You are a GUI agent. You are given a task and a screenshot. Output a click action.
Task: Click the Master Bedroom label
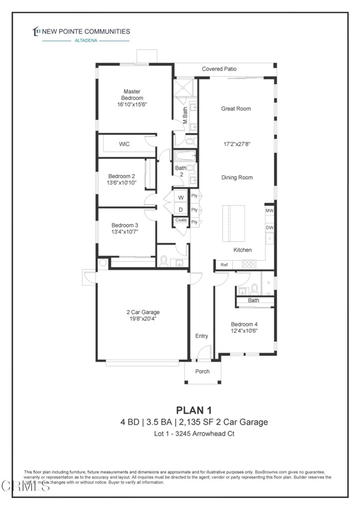pyautogui.click(x=132, y=95)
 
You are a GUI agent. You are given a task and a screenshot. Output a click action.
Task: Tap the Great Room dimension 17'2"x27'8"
pyautogui.click(x=237, y=144)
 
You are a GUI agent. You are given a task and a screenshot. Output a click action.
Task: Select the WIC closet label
pyautogui.click(x=124, y=144)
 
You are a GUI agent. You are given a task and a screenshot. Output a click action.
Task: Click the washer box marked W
pyautogui.click(x=181, y=198)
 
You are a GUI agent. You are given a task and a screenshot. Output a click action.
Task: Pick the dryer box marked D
pyautogui.click(x=181, y=210)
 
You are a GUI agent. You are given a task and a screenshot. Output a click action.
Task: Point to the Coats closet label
pyautogui.click(x=181, y=220)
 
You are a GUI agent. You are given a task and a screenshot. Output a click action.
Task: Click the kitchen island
pyautogui.click(x=233, y=224)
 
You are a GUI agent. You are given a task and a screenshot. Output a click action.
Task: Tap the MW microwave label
pyautogui.click(x=269, y=211)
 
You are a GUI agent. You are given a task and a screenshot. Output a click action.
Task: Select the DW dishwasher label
pyautogui.click(x=269, y=227)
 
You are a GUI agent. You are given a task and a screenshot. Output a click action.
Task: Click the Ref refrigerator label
pyautogui.click(x=224, y=265)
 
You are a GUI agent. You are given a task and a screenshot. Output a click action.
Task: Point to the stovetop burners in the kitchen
pyautogui.click(x=249, y=264)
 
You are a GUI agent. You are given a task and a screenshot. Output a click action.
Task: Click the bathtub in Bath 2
pyautogui.click(x=185, y=156)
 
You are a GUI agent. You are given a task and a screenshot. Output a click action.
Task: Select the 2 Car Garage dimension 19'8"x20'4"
pyautogui.click(x=143, y=319)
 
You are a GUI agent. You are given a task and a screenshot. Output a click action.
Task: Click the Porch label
pyautogui.click(x=202, y=371)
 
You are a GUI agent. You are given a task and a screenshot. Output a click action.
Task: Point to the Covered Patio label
pyautogui.click(x=219, y=69)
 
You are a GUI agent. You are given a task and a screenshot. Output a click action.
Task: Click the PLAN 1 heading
pyautogui.click(x=194, y=410)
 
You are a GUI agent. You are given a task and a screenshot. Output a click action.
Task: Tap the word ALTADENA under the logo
pyautogui.click(x=86, y=40)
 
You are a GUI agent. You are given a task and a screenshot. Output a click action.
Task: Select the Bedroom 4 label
pyautogui.click(x=244, y=324)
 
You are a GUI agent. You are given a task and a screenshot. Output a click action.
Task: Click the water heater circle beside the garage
pyautogui.click(x=103, y=263)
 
